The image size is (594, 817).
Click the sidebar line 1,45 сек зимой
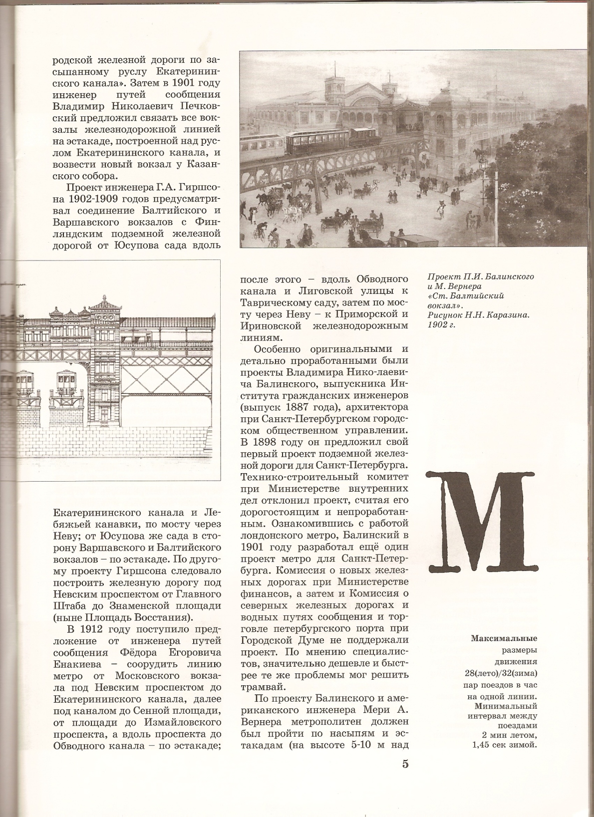[505, 746]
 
